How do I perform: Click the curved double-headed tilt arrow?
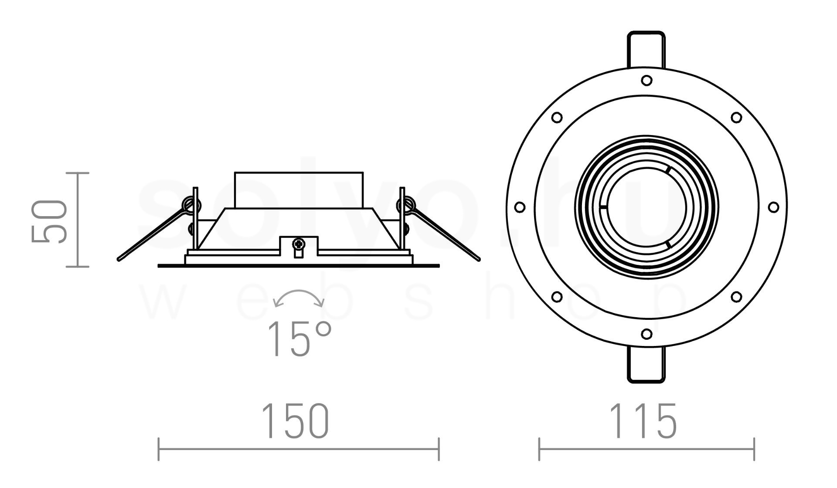[x=299, y=292]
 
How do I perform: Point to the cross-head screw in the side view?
[x=299, y=244]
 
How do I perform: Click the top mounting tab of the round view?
[x=646, y=50]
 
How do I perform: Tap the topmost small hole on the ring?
[x=646, y=80]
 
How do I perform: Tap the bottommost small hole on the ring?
[x=646, y=334]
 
